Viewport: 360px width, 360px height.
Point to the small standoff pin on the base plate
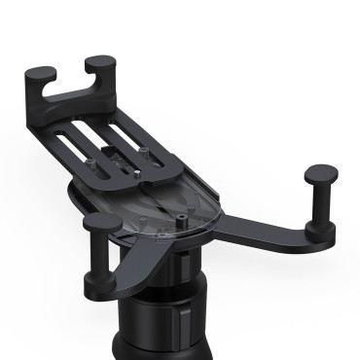click(x=182, y=207)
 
